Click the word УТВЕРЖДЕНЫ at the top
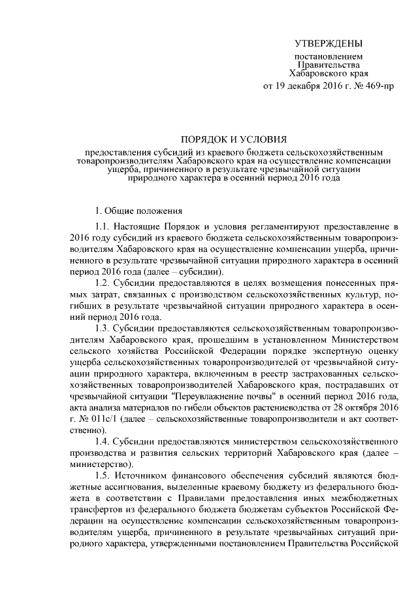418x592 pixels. pos(327,44)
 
